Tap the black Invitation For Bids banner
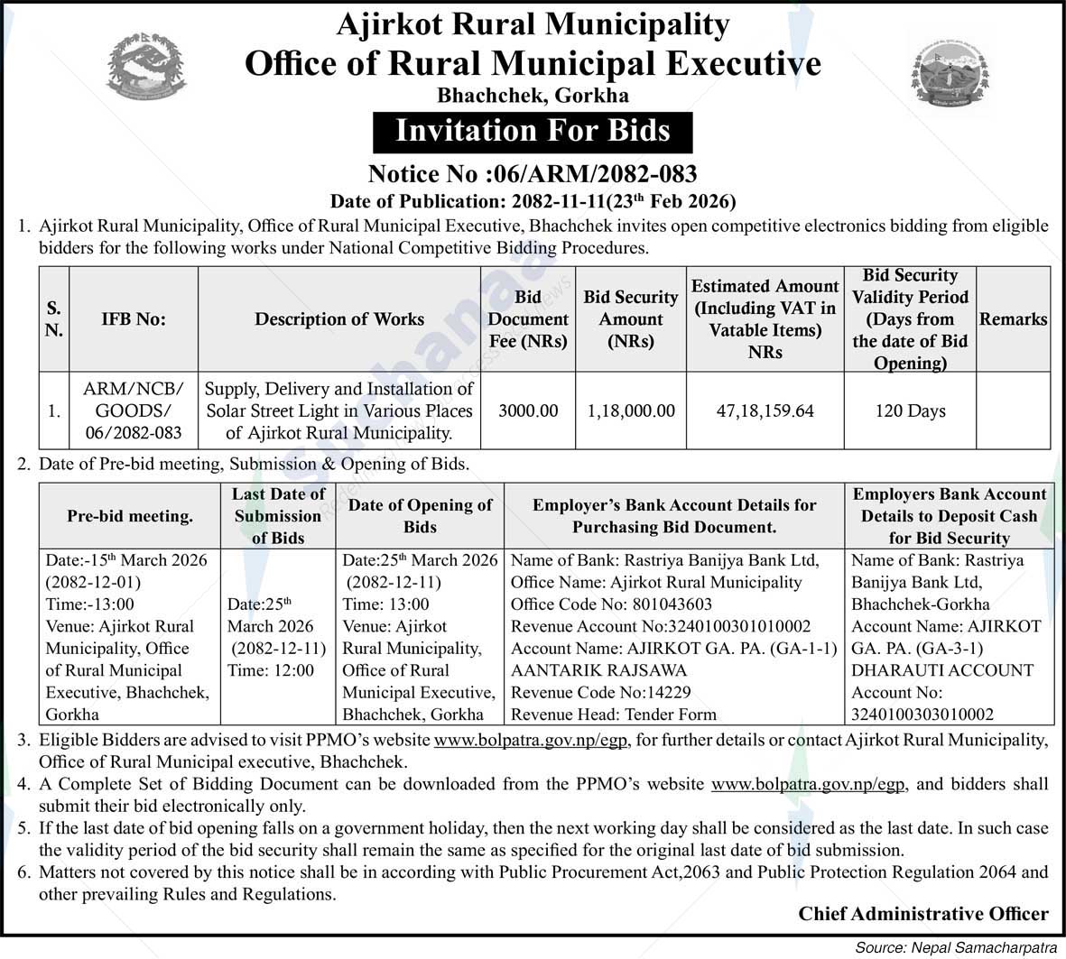533,131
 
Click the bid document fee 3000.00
528,410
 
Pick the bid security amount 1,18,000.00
631,410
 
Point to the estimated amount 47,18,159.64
765,410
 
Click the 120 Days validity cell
910,410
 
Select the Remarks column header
1013,319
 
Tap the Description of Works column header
339,319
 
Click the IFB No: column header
134,319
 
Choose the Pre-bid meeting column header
130,516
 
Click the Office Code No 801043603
611,604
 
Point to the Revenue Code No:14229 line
600,692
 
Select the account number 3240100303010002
922,715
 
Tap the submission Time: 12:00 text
271,670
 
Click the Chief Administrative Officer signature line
922,914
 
